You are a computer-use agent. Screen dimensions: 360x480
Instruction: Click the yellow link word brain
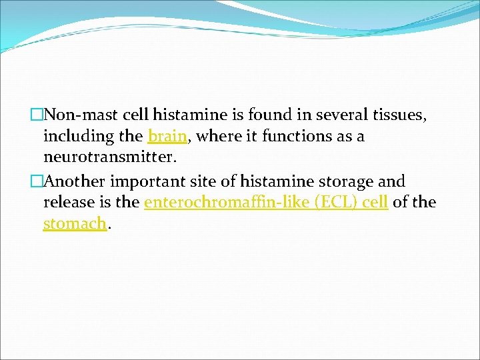[x=167, y=137]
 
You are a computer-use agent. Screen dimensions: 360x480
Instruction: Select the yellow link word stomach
[x=74, y=224]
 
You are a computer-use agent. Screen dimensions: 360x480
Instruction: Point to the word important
[x=147, y=181]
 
